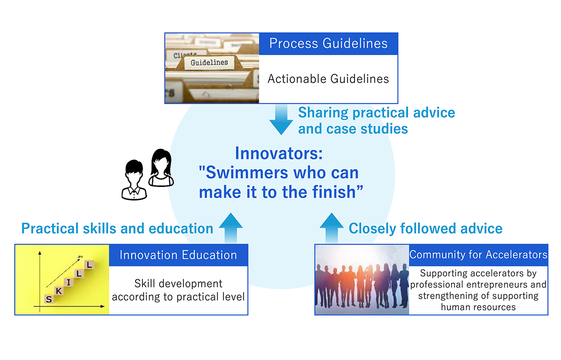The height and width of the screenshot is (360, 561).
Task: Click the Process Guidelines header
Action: pos(328,44)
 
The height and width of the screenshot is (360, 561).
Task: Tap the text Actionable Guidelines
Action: pos(328,79)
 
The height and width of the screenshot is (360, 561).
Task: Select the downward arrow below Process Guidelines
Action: pos(281,119)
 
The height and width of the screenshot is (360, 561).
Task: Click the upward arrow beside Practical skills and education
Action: pos(231,228)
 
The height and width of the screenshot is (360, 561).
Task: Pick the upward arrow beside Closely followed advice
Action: pos(332,228)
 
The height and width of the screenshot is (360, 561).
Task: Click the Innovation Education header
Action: pos(178,255)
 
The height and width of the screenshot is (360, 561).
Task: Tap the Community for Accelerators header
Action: pos(478,255)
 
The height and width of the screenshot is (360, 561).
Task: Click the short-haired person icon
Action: pos(134,180)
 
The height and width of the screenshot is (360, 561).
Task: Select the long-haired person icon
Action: pos(162,168)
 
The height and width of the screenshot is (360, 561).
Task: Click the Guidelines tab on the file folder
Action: pos(210,63)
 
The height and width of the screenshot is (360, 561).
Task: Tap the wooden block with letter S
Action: pos(49,299)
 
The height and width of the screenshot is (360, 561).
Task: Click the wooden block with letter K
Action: pos(59,291)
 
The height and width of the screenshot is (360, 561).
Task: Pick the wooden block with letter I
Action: pos(69,282)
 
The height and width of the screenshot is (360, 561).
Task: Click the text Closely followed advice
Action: pos(425,228)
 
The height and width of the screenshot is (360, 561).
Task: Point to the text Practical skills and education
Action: pos(117,228)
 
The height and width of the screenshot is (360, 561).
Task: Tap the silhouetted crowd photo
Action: pos(362,280)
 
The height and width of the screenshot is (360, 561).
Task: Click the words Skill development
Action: pos(178,284)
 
